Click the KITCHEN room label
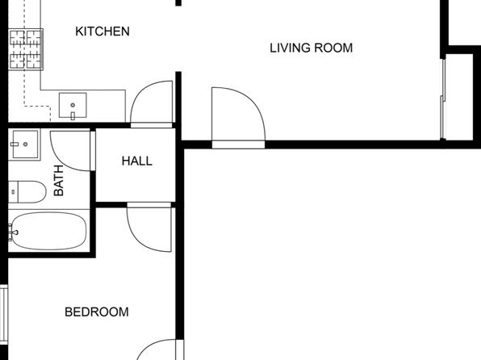[x=102, y=31]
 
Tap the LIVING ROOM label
[x=311, y=48]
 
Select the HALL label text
[x=137, y=161]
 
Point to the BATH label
[x=58, y=181]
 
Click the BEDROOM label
[x=97, y=312]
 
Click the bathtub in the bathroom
[x=48, y=231]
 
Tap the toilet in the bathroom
[x=27, y=192]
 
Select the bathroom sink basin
[x=26, y=144]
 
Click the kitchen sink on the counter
[x=73, y=105]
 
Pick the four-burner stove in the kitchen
[x=26, y=49]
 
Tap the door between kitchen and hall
[x=152, y=104]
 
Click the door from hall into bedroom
[x=149, y=227]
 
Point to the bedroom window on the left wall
[x=4, y=314]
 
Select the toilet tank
[x=13, y=192]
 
